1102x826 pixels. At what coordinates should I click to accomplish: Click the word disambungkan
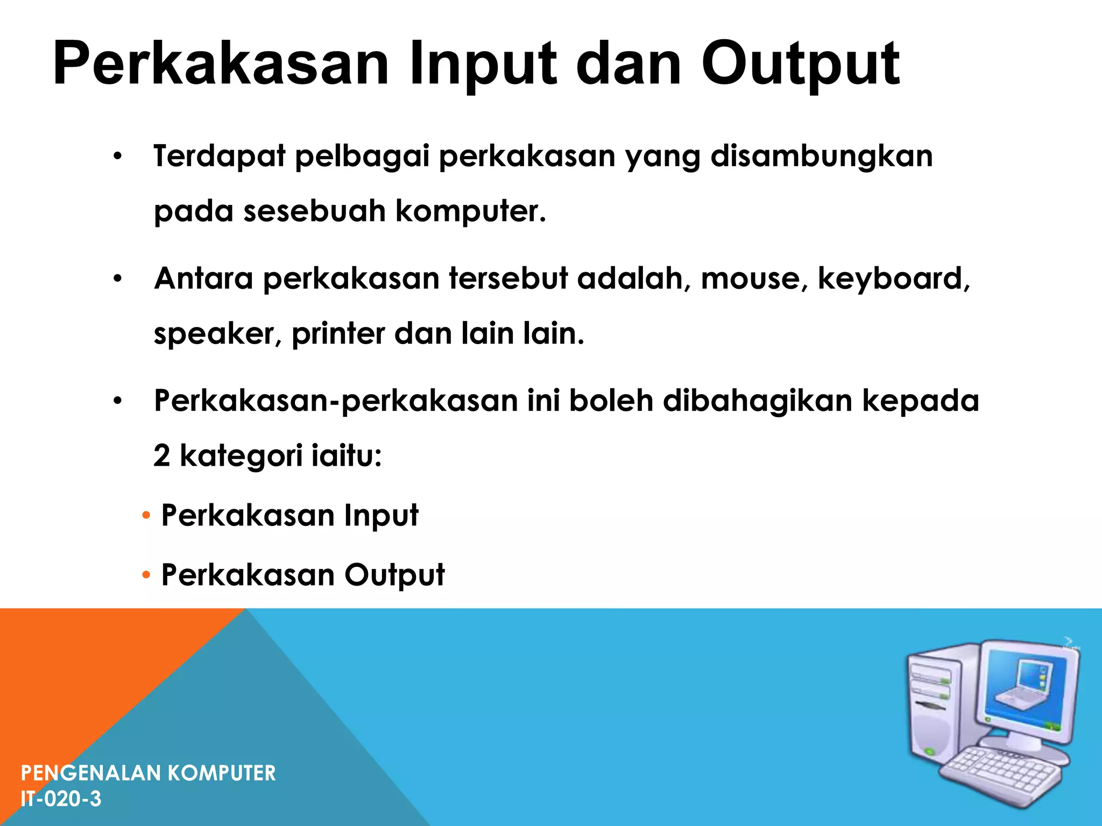[x=822, y=156]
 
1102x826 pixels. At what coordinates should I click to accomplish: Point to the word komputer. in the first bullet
[x=471, y=211]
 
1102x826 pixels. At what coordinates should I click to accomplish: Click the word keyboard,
[x=894, y=279]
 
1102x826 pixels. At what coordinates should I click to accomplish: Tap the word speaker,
[x=217, y=334]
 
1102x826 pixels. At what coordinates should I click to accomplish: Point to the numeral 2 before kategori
[x=162, y=456]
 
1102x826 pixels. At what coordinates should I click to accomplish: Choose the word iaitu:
[x=347, y=456]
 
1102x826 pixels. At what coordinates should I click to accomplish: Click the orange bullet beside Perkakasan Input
[x=146, y=516]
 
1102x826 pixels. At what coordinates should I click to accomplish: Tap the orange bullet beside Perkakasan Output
[x=146, y=576]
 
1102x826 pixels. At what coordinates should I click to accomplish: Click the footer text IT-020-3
[x=61, y=799]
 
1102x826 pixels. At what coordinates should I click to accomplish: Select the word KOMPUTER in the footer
[x=222, y=773]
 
